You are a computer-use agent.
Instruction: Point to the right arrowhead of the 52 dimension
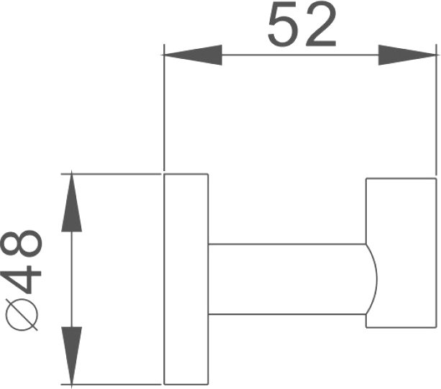(408, 55)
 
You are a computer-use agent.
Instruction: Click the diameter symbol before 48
(25, 316)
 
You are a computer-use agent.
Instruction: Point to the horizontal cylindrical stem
(288, 279)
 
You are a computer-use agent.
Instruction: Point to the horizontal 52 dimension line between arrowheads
(300, 55)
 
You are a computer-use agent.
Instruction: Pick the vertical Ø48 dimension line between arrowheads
(71, 278)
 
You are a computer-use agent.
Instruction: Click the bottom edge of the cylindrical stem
(288, 314)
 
